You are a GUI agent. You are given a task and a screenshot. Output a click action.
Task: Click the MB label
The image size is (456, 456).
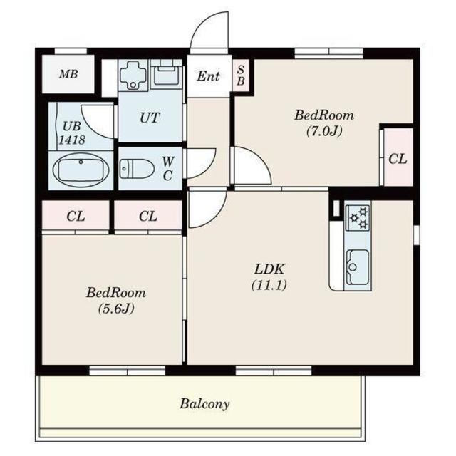pyautogui.click(x=68, y=74)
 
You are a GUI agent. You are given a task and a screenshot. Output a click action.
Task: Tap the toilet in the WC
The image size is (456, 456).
pyautogui.click(x=137, y=169)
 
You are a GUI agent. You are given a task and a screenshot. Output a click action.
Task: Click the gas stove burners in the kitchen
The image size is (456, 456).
pyautogui.click(x=358, y=217)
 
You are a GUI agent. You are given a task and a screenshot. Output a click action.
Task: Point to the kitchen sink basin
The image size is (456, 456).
pyautogui.click(x=358, y=267)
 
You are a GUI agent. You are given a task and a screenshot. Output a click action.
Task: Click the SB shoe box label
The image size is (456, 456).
pyautogui.click(x=241, y=76)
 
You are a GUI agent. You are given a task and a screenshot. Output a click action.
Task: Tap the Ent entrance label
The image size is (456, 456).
pyautogui.click(x=208, y=76)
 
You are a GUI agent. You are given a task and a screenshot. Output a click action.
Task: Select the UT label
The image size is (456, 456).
pyautogui.click(x=150, y=118)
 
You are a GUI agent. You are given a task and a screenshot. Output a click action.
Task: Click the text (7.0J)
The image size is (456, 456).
pyautogui.click(x=324, y=131)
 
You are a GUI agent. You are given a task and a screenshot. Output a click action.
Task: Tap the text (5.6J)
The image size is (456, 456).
pyautogui.click(x=116, y=309)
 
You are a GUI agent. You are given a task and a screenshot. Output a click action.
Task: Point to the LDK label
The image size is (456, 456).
pyautogui.click(x=269, y=269)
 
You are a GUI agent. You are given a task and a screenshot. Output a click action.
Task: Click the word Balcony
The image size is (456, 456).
pyautogui.click(x=204, y=404)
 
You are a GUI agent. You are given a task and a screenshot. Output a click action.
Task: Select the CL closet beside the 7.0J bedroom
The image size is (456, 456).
pyautogui.click(x=398, y=159)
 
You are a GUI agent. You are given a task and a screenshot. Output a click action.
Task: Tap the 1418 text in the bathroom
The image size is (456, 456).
pyautogui.click(x=72, y=140)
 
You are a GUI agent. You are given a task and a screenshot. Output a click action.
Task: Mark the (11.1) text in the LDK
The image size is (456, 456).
pyautogui.click(x=269, y=285)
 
